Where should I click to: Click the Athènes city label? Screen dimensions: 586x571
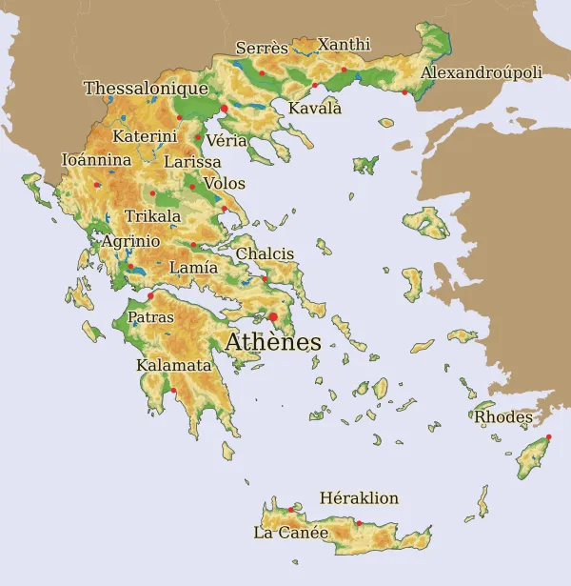click(x=273, y=342)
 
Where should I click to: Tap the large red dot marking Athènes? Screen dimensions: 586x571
click(x=273, y=317)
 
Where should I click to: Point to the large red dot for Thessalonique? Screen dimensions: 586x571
click(x=224, y=110)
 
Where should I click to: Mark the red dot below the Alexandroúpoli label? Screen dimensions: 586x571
click(x=404, y=92)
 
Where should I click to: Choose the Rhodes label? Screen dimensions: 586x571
click(x=503, y=416)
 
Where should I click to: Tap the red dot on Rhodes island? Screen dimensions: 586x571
click(x=548, y=436)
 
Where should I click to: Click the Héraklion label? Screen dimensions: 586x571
click(x=359, y=498)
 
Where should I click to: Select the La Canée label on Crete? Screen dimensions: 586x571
click(x=290, y=533)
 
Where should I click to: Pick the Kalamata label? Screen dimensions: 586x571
click(x=173, y=365)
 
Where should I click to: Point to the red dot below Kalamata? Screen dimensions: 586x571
click(x=174, y=390)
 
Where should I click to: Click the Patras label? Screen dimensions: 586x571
click(x=150, y=316)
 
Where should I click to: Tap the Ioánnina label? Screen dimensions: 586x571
click(x=96, y=160)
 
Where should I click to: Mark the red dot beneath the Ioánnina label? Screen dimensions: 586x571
click(x=96, y=185)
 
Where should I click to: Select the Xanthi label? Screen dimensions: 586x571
click(x=344, y=45)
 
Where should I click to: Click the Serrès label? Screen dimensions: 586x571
click(x=262, y=48)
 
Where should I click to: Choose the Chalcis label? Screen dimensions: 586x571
click(x=265, y=253)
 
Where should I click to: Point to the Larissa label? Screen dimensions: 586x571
click(x=192, y=162)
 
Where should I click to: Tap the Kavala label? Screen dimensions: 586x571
click(x=315, y=108)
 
